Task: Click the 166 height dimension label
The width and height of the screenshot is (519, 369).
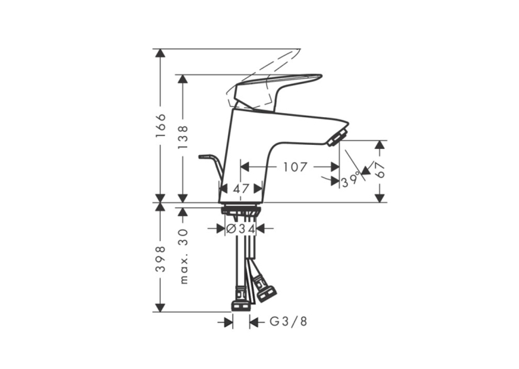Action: pos(161,126)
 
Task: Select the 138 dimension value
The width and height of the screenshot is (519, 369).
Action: pos(182,137)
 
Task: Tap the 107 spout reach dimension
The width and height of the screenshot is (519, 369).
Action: pos(295,167)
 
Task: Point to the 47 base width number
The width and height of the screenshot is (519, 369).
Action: pos(241,189)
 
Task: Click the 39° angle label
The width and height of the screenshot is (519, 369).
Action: pos(351,180)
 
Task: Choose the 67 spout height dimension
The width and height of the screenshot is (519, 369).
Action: pos(381,170)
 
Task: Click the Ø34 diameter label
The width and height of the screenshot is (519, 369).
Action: pos(241,228)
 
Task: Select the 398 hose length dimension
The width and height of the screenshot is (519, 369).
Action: pos(161,259)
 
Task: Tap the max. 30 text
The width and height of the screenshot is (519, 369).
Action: pos(182,257)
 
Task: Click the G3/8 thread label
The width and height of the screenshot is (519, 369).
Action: pos(288,322)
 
